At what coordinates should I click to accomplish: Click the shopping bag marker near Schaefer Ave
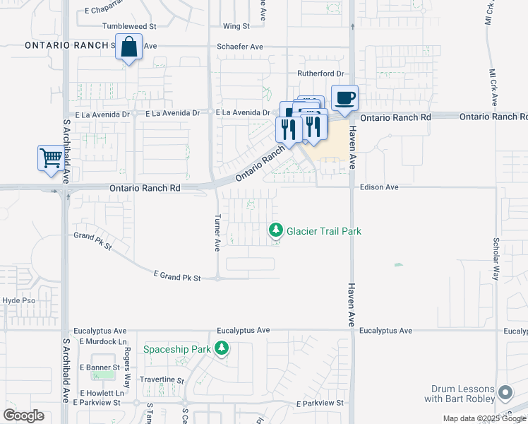pyautogui.click(x=128, y=49)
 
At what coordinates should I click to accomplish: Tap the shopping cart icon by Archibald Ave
pyautogui.click(x=51, y=158)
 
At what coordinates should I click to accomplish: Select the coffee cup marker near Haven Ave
pyautogui.click(x=344, y=98)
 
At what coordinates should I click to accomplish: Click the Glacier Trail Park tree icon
pyautogui.click(x=275, y=230)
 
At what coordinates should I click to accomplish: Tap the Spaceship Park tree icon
pyautogui.click(x=222, y=348)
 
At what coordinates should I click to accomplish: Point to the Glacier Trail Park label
pyautogui.click(x=324, y=231)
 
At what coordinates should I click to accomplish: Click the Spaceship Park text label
pyautogui.click(x=177, y=349)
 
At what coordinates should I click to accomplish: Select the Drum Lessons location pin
pyautogui.click(x=504, y=392)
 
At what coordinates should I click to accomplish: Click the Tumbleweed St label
pyautogui.click(x=129, y=26)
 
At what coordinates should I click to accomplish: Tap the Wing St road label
pyautogui.click(x=236, y=26)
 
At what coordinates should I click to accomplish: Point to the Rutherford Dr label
pyautogui.click(x=320, y=73)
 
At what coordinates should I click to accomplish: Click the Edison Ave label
pyautogui.click(x=379, y=188)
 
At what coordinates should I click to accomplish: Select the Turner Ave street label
pyautogui.click(x=217, y=232)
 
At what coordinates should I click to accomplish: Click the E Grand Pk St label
pyautogui.click(x=177, y=276)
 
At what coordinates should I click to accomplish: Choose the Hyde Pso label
pyautogui.click(x=18, y=300)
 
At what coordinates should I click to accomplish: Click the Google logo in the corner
pyautogui.click(x=23, y=416)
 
